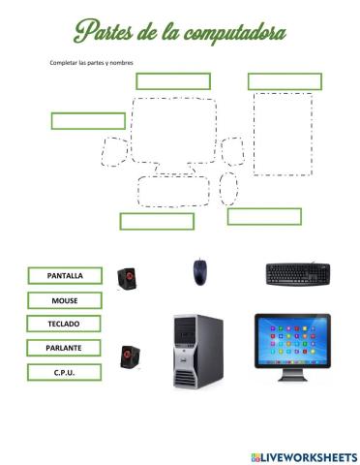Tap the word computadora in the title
(231, 34)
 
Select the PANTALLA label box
(65, 275)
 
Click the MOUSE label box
(65, 300)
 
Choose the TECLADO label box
(64, 324)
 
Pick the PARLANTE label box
(64, 347)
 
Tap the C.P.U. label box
(64, 371)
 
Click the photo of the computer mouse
(198, 271)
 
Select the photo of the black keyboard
(298, 273)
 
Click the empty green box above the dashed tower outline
(281, 81)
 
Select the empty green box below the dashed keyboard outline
(157, 221)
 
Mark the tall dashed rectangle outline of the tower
(283, 134)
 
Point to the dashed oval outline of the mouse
(228, 188)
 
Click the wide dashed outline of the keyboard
(175, 191)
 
